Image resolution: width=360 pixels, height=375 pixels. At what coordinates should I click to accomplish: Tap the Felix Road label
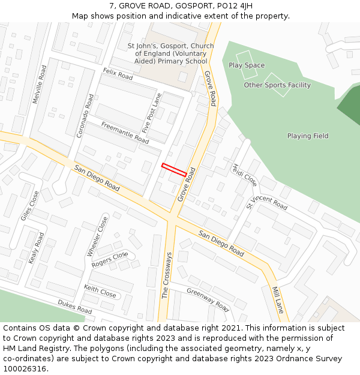point(118,74)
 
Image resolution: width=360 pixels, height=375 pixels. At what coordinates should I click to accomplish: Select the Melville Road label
point(39,85)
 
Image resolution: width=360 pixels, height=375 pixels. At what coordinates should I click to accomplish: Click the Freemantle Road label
point(125,133)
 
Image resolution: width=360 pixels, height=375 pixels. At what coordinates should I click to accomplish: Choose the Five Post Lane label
point(152,113)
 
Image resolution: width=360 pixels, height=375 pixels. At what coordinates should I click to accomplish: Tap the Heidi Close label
point(245,175)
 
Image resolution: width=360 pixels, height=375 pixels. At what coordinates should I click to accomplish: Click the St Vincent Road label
point(267,203)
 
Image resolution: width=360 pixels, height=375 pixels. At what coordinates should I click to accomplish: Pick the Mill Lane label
point(278,299)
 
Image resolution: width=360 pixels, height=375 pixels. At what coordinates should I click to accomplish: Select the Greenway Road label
point(208,299)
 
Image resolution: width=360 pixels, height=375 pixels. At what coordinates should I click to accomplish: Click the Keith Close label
point(100,292)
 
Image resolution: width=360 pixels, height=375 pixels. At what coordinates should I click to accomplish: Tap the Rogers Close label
point(110,259)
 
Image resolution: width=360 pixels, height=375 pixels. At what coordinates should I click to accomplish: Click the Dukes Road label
point(74,307)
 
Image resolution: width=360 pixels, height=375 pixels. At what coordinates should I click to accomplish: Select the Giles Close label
point(29,206)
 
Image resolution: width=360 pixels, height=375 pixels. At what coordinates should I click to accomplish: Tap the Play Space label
point(247,65)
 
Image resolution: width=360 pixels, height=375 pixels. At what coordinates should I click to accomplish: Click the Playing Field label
point(307,136)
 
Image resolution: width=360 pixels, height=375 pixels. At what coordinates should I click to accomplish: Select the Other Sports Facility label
point(277,85)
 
